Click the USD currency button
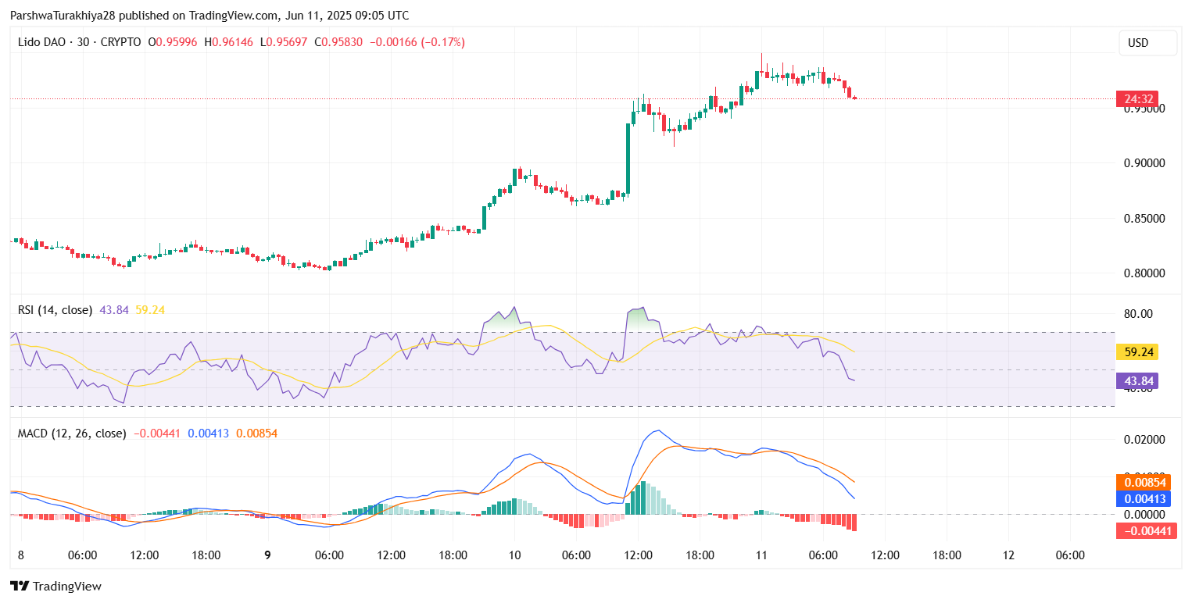tap(1147, 43)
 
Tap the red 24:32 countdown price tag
tap(1137, 99)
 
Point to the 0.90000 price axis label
tap(1144, 163)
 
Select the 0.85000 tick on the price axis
tap(1144, 219)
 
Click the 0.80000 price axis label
tap(1144, 273)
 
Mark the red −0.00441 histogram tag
tap(1144, 531)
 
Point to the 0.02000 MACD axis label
tap(1144, 440)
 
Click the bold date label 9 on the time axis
tap(267, 555)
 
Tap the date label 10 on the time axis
tap(514, 555)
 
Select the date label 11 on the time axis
tap(761, 555)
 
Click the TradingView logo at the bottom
tap(55, 587)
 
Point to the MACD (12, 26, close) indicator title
tap(72, 433)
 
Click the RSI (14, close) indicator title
tap(55, 310)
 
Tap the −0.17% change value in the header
tap(443, 42)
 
